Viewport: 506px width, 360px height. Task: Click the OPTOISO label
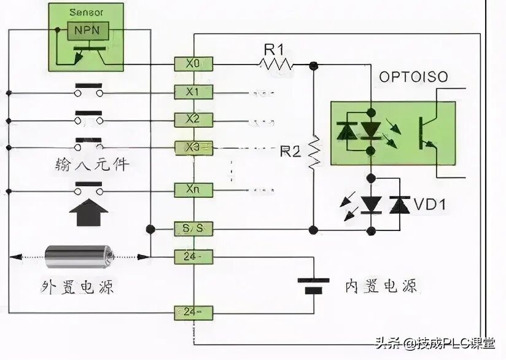point(413,77)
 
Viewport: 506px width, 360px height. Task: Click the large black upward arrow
point(90,215)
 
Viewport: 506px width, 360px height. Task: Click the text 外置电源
point(77,286)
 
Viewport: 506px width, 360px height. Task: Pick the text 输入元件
point(93,165)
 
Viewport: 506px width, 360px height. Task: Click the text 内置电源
point(380,286)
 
